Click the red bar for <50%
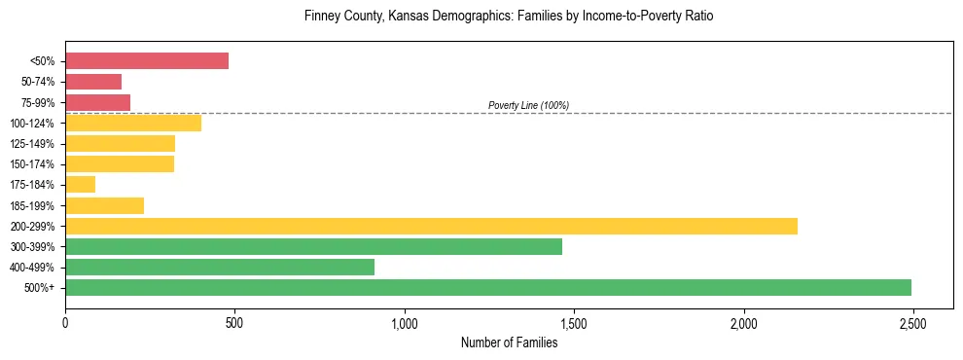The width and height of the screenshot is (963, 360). [147, 61]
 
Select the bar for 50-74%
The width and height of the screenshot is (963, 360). [93, 82]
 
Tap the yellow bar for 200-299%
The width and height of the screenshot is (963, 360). [431, 226]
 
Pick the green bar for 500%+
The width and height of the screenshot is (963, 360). [488, 287]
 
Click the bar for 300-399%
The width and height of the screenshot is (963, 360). [313, 246]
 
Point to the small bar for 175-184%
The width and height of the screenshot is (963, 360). [80, 184]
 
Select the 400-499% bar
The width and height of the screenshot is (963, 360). [220, 267]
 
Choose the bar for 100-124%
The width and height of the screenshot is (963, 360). [133, 123]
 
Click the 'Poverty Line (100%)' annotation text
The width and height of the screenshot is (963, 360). [528, 105]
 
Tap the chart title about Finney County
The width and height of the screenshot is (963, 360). [509, 17]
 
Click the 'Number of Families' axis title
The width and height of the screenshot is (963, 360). [509, 342]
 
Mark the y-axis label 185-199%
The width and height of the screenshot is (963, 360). [33, 205]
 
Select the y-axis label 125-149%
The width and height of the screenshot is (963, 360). [33, 144]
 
